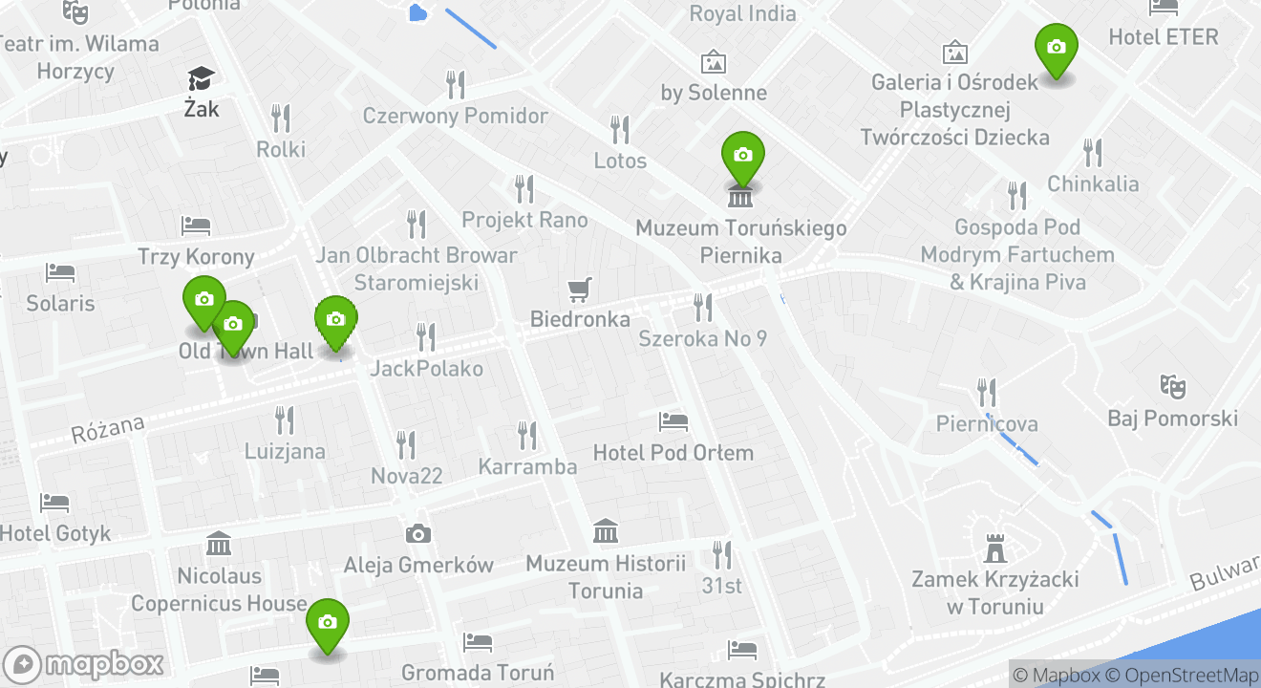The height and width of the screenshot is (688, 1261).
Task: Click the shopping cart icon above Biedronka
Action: point(579,290)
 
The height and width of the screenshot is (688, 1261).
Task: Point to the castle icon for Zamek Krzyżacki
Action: point(995,548)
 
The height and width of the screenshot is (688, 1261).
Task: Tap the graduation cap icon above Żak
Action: point(201,78)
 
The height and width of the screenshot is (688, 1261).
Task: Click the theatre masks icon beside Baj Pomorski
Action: point(1172,387)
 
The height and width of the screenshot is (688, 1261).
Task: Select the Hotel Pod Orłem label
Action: point(673,453)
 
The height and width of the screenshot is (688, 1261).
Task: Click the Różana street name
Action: point(107,430)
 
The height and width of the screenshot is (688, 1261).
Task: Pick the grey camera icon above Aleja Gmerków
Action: point(417,534)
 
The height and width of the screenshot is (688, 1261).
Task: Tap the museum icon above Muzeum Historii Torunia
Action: point(605,530)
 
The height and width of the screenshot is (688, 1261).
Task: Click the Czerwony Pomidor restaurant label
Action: point(455,117)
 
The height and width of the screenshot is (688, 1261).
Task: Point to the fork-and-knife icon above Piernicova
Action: point(987,392)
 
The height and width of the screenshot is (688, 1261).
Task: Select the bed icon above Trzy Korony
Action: point(196,226)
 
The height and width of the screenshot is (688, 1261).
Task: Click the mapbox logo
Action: point(84,664)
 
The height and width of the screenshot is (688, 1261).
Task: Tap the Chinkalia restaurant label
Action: point(1093,183)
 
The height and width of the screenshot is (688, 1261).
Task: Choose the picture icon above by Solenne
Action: point(713,63)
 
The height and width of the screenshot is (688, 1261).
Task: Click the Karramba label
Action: point(527,466)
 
